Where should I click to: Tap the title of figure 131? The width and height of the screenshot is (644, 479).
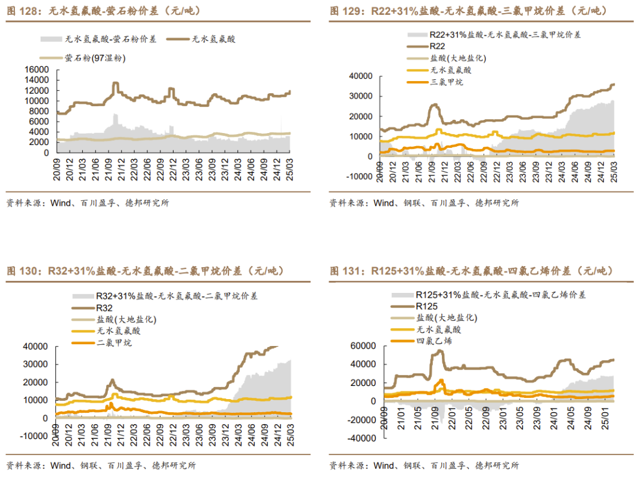tap(471, 271)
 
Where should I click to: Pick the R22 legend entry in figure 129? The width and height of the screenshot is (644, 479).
tap(436, 46)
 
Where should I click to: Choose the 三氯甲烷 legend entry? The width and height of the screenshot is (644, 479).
tap(446, 82)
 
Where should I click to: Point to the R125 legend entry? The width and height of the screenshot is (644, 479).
tap(426, 305)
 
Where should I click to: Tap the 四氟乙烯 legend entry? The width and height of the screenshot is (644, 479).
tap(434, 341)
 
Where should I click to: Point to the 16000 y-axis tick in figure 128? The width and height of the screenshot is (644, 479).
tap(38, 70)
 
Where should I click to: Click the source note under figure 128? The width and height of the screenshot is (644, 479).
tap(87, 203)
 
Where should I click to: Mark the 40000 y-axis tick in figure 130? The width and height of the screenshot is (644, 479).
tap(36, 346)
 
